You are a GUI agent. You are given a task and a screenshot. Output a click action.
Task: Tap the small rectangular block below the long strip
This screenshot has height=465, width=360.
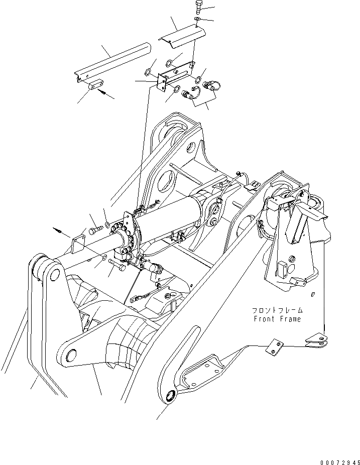[95, 86]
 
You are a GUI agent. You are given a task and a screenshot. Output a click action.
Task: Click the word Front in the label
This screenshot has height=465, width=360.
[262, 319]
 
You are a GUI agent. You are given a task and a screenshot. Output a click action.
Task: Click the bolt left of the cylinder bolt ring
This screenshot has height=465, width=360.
[95, 230]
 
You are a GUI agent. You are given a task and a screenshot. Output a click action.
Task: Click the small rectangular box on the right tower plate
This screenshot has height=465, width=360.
[282, 269]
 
